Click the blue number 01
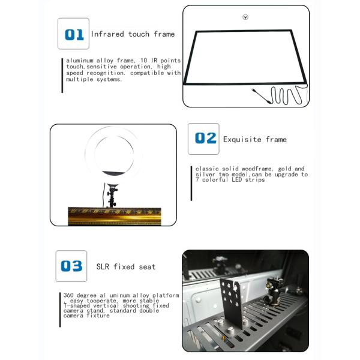pyautogui.click(x=74, y=35)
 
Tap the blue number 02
pyautogui.click(x=205, y=138)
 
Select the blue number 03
pyautogui.click(x=71, y=266)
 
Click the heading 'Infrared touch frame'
pyautogui.click(x=133, y=34)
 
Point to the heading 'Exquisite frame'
pyautogui.click(x=255, y=139)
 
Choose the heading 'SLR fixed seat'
pyautogui.click(x=126, y=266)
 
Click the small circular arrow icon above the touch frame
pyautogui.click(x=245, y=17)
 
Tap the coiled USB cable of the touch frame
pyautogui.click(x=284, y=95)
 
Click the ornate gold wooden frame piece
pyautogui.click(x=115, y=216)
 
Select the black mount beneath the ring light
pyautogui.click(x=112, y=195)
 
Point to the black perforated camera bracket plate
pyautogui.click(x=231, y=302)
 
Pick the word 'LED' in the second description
pyautogui.click(x=237, y=179)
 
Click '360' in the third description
pyautogui.click(x=68, y=295)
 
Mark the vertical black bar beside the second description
pyautogui.click(x=191, y=184)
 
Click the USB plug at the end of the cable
pyautogui.click(x=254, y=90)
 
